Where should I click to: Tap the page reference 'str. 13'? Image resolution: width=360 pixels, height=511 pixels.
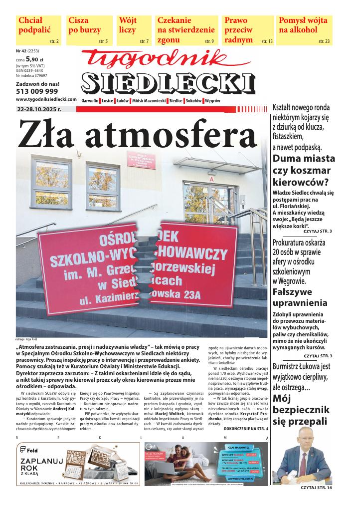pos(267,40)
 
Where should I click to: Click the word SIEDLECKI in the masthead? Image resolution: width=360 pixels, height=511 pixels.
pos(168,83)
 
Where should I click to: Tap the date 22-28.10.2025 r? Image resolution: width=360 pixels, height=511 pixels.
pos(39,109)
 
